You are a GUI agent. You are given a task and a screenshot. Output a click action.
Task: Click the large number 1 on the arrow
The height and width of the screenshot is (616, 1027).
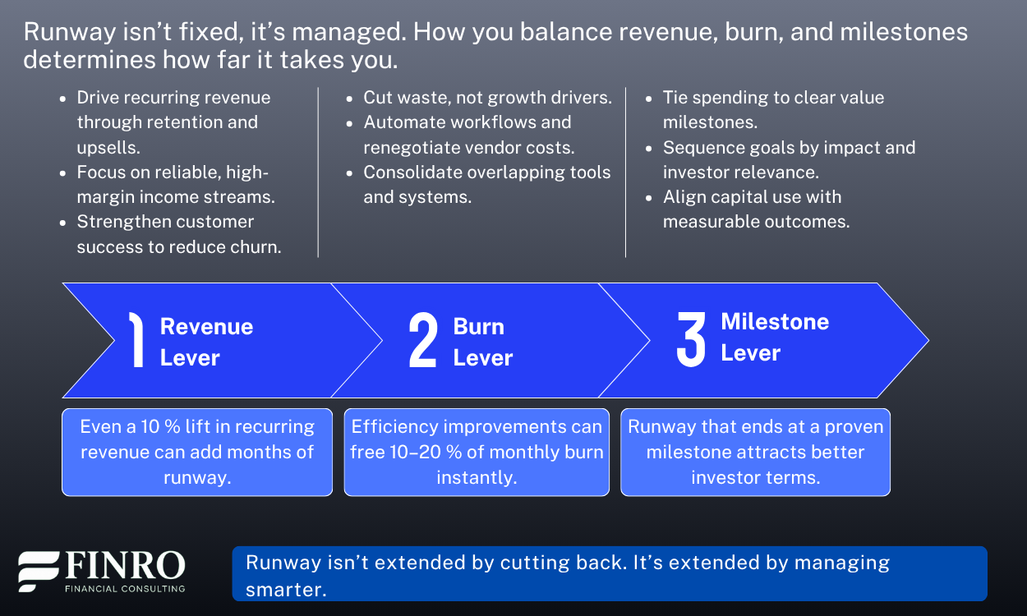pyautogui.click(x=136, y=341)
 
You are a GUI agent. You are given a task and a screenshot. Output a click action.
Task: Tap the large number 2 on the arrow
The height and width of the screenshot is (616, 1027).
pyautogui.click(x=423, y=341)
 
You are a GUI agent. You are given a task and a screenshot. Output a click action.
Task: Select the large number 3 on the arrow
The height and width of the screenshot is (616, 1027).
pyautogui.click(x=691, y=339)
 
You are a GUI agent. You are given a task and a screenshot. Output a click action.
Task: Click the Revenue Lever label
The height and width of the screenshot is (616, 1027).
pyautogui.click(x=206, y=342)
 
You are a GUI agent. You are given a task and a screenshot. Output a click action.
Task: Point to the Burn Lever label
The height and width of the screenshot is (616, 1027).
pyautogui.click(x=482, y=342)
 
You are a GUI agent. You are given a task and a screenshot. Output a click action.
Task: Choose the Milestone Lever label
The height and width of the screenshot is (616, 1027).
pyautogui.click(x=774, y=337)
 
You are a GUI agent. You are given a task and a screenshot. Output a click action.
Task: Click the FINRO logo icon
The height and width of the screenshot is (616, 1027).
pyautogui.click(x=39, y=572)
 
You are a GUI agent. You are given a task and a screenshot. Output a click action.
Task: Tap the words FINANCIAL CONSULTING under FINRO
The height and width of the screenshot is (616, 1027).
pyautogui.click(x=124, y=588)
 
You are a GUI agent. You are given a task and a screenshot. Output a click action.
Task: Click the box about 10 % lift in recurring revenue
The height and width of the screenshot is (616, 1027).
pyautogui.click(x=197, y=452)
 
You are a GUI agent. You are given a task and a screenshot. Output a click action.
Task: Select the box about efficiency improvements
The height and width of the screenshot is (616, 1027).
pyautogui.click(x=477, y=452)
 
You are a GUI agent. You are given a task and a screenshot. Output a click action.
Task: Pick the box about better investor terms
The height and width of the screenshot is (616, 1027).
pyautogui.click(x=755, y=452)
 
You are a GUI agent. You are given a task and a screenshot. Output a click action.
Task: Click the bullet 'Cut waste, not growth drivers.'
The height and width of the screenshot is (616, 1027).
pyautogui.click(x=487, y=97)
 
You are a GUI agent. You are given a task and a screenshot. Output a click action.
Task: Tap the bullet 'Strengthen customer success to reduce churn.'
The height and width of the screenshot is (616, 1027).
pyautogui.click(x=179, y=234)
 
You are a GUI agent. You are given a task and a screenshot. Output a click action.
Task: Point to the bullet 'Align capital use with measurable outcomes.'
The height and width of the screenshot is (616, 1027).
pyautogui.click(x=756, y=209)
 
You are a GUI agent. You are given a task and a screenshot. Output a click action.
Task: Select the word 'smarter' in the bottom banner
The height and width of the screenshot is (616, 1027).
pyautogui.click(x=285, y=589)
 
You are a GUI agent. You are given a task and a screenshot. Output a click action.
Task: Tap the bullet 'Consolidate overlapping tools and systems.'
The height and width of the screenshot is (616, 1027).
pyautogui.click(x=487, y=184)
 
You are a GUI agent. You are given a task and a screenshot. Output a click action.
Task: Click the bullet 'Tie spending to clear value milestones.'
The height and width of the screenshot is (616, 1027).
pyautogui.click(x=773, y=109)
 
